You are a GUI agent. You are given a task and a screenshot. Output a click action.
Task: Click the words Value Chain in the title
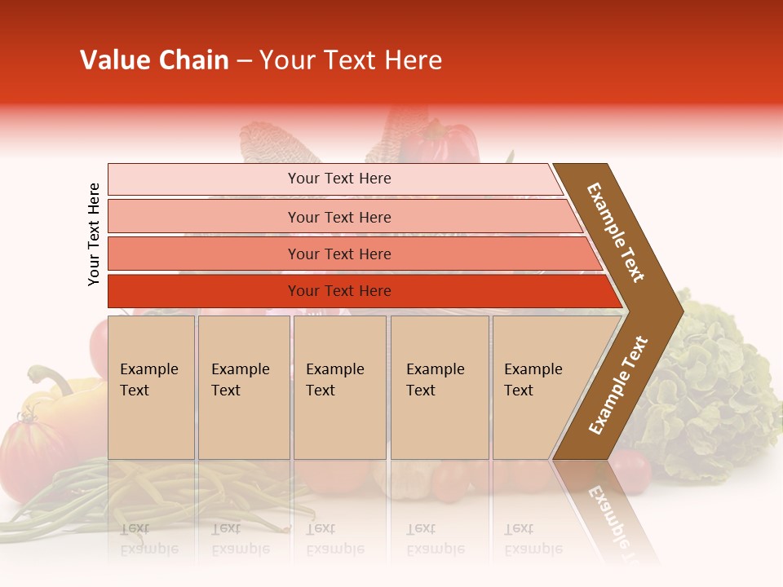[x=154, y=60]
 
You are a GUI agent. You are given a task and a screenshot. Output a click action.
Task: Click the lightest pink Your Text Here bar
[x=338, y=179]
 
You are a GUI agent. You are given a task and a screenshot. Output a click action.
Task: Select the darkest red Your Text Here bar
[x=338, y=291]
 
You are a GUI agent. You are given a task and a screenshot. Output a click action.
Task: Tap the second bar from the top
[x=338, y=217]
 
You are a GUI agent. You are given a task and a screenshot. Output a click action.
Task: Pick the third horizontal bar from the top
[x=338, y=254]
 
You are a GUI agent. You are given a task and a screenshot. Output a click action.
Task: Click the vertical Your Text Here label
[x=94, y=234]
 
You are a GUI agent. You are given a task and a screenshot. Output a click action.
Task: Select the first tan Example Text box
[x=151, y=386]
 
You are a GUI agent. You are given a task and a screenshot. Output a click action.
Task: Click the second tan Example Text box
[x=243, y=386]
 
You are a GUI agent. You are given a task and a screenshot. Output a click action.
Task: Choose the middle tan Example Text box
[x=339, y=386]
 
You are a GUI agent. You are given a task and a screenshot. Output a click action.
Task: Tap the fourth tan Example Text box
[x=439, y=386]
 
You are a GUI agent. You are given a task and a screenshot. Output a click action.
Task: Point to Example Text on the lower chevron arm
[x=618, y=385]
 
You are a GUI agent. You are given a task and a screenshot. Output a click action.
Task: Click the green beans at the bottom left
[x=122, y=497]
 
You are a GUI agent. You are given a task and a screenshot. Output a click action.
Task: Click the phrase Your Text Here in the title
[x=351, y=60]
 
